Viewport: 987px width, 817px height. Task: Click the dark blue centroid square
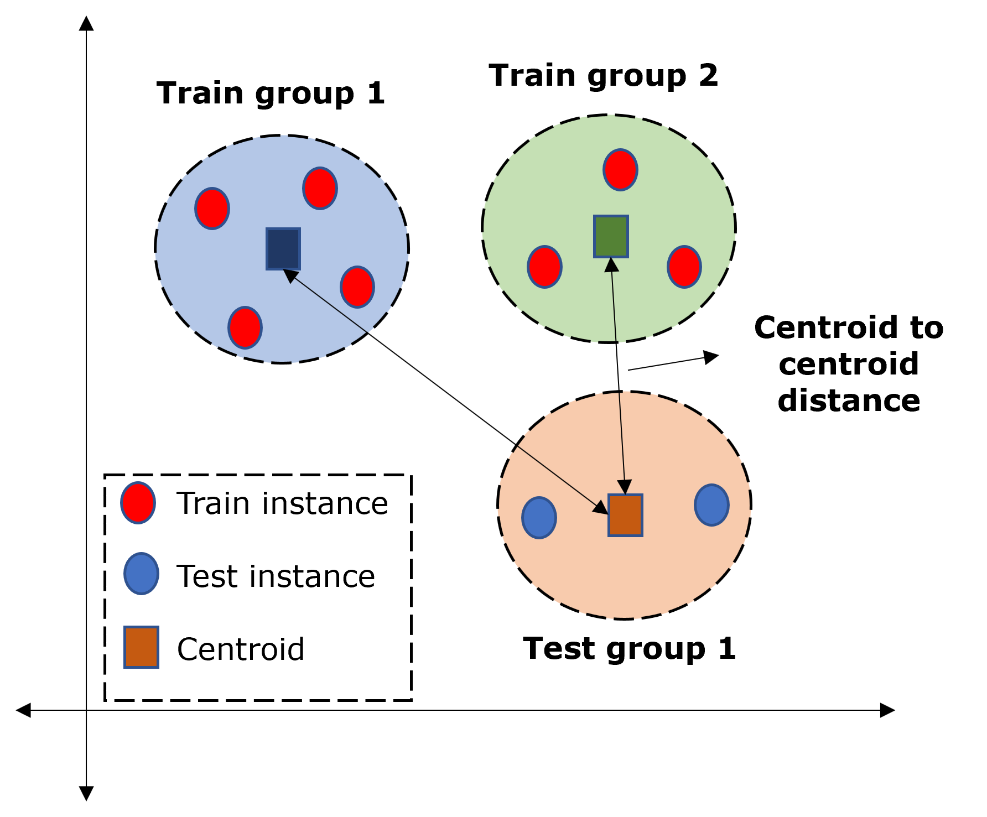pyautogui.click(x=283, y=249)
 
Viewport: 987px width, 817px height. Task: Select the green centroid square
pyautogui.click(x=611, y=236)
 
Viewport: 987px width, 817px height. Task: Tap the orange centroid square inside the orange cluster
pyautogui.click(x=625, y=515)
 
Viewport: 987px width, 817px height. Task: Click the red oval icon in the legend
pyautogui.click(x=138, y=502)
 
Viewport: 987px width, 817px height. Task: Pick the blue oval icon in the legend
pyautogui.click(x=141, y=574)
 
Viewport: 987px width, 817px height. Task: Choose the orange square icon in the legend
pyautogui.click(x=141, y=647)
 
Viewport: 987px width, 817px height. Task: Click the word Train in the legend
pyautogui.click(x=214, y=503)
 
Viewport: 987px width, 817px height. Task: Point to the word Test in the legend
pyautogui.click(x=208, y=576)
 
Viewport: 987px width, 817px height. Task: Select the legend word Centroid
pyautogui.click(x=241, y=649)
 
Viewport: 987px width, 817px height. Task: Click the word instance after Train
pyautogui.click(x=325, y=503)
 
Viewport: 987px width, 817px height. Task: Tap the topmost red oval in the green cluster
pyautogui.click(x=620, y=170)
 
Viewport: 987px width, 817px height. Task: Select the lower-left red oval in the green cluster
pyautogui.click(x=544, y=267)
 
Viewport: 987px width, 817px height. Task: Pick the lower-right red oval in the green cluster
pyautogui.click(x=684, y=267)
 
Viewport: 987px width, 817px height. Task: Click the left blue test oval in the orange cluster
pyautogui.click(x=539, y=517)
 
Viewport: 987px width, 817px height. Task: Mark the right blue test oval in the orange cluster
pyautogui.click(x=711, y=504)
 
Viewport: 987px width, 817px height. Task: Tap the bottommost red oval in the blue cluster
pyautogui.click(x=245, y=327)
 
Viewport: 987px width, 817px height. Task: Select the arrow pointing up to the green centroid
pyautogui.click(x=614, y=301)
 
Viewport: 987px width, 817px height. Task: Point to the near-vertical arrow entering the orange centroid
pyautogui.click(x=622, y=443)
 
